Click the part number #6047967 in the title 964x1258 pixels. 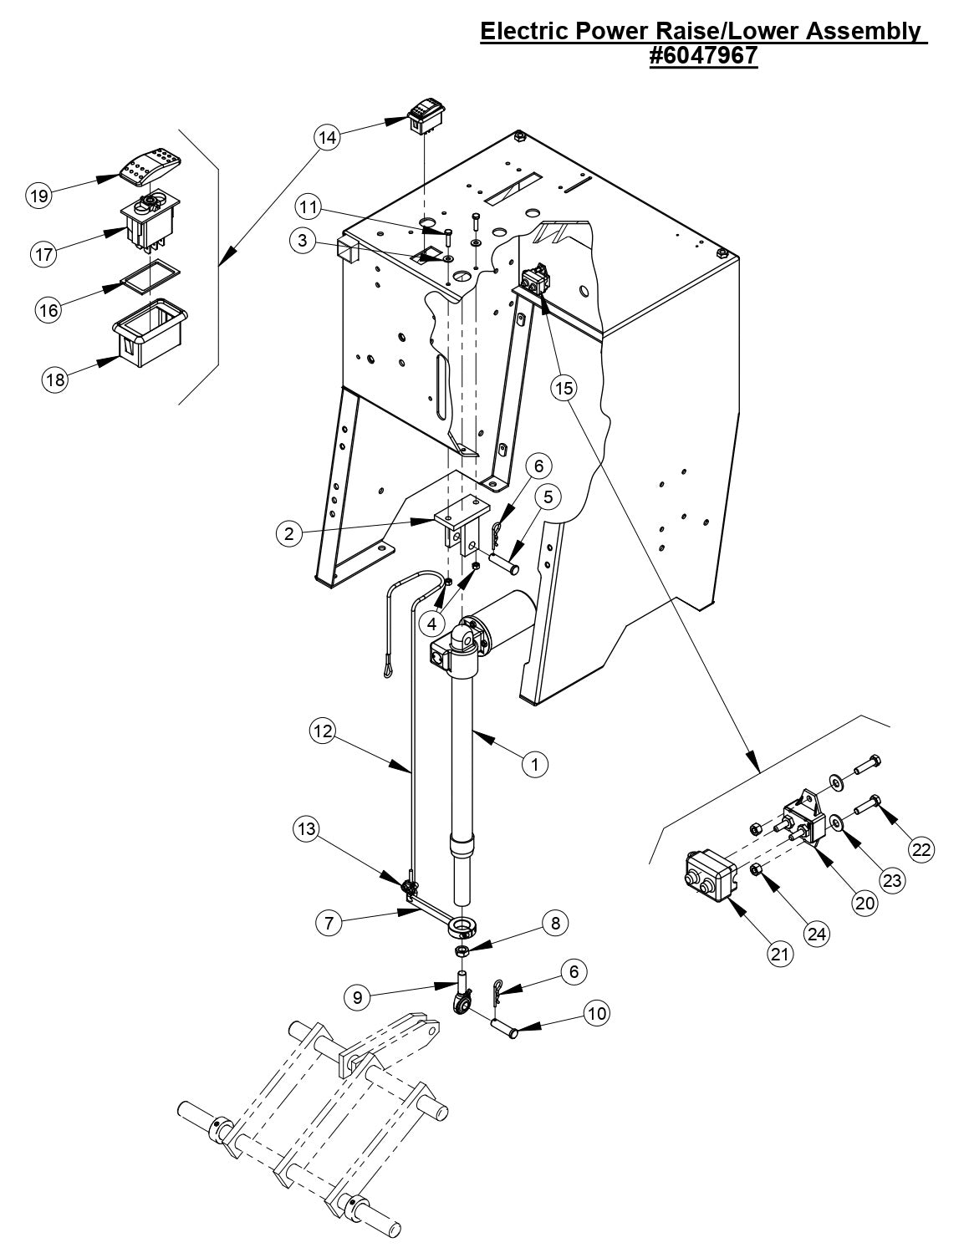[703, 56]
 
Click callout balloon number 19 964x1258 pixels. [38, 196]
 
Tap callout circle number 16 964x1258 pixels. [48, 310]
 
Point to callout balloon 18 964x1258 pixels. [55, 379]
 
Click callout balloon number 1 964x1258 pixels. [535, 762]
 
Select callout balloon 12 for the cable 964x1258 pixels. [323, 731]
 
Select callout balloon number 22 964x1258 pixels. [921, 849]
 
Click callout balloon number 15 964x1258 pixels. [564, 388]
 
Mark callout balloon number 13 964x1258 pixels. [306, 828]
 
